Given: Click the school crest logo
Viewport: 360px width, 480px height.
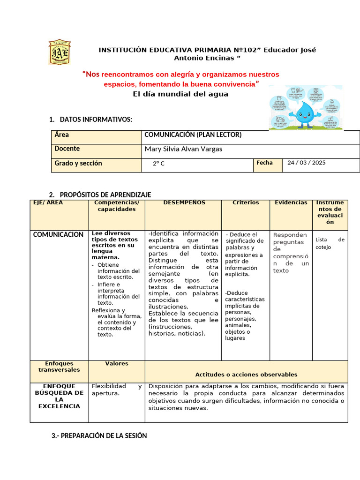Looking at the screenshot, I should [60, 52].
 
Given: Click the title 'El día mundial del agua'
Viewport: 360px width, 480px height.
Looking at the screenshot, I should [180, 94].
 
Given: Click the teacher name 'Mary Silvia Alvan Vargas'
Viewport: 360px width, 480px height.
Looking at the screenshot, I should [183, 149].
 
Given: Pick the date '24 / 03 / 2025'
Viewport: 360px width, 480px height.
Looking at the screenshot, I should [306, 163].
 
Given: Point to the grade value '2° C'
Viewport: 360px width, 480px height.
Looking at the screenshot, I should [158, 164].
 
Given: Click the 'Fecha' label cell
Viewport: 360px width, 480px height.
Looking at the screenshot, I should [264, 163].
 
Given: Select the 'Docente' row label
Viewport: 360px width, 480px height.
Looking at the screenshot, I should [67, 149].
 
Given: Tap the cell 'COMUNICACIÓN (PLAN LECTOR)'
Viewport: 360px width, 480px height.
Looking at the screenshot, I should [193, 135].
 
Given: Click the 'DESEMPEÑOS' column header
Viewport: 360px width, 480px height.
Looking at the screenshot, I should [184, 202].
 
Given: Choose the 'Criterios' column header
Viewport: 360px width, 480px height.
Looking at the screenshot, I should [246, 202].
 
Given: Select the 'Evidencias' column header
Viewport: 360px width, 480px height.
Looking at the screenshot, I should [291, 202].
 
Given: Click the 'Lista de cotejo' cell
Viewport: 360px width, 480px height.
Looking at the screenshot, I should [330, 243].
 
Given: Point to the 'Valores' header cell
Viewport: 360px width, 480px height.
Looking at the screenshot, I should [117, 363].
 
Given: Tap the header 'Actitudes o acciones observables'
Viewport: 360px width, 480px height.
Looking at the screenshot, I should [246, 375].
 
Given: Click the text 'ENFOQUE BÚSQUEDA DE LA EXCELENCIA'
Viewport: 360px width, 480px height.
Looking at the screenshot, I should [59, 396].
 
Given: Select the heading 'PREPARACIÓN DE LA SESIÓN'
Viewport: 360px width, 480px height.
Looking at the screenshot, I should [99, 435].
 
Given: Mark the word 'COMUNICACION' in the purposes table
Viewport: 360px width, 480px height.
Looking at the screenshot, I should [58, 234].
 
